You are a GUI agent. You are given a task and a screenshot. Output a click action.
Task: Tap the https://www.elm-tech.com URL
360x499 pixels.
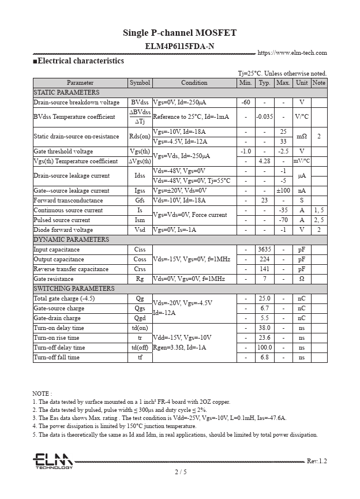point(292,53)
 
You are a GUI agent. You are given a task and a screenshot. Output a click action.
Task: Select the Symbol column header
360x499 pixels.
point(140,83)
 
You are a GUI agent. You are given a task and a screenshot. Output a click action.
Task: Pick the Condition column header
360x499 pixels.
point(194,83)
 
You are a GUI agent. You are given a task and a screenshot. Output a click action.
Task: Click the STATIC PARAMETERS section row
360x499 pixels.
point(67,92)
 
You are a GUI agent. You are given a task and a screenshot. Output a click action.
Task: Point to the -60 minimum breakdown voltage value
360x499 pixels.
point(246,102)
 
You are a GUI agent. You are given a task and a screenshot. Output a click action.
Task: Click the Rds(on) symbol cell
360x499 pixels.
point(140,137)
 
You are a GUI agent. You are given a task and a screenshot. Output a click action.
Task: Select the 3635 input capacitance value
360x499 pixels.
point(264,250)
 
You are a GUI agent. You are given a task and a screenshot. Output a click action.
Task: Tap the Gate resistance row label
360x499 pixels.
point(54,279)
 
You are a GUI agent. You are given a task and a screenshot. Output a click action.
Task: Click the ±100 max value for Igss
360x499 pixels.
point(283,191)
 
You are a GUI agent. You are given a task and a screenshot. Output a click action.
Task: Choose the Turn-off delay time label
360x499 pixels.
point(59,348)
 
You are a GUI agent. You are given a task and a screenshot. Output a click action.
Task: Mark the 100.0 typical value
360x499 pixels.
point(264,348)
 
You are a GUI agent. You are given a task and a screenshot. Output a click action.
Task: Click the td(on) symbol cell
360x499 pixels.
point(140,328)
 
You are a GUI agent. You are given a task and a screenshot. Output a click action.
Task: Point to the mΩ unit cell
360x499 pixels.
point(301,137)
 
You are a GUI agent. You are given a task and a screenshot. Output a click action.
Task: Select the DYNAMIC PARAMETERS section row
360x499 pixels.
point(72,240)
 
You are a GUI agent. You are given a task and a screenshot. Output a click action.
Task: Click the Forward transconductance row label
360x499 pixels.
point(68,201)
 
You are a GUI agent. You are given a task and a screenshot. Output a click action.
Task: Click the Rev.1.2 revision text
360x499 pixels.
point(317,462)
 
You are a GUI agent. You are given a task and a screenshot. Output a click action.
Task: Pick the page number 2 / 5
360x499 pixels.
point(180,472)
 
